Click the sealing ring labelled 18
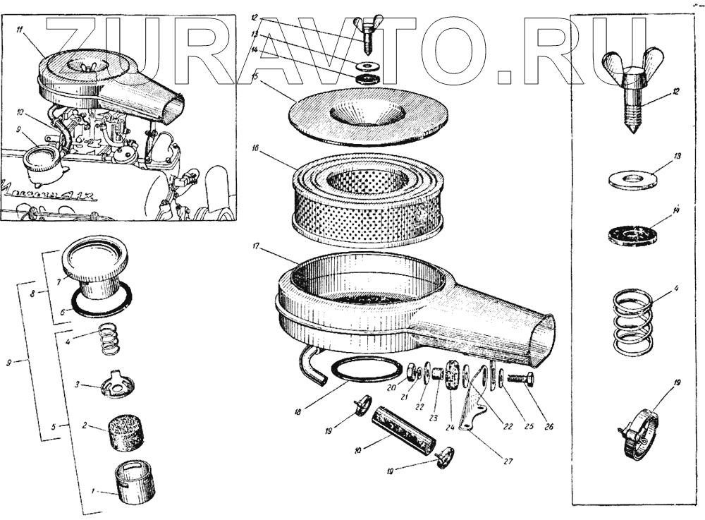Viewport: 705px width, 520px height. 364,370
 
